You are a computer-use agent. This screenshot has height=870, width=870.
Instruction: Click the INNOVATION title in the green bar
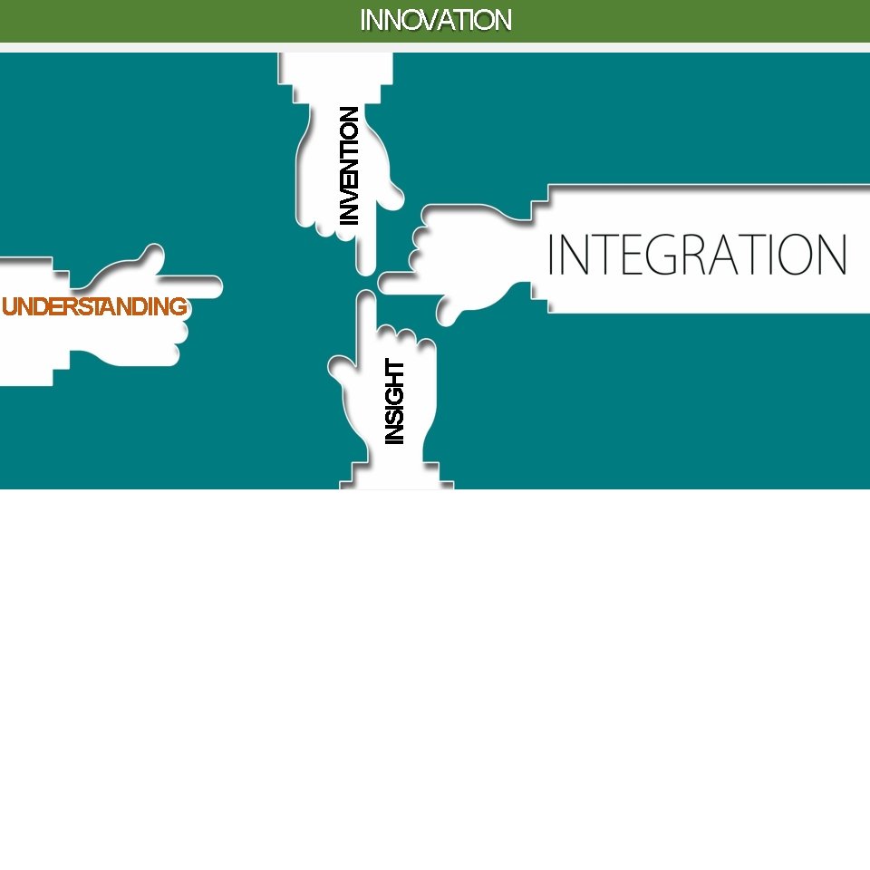point(436,20)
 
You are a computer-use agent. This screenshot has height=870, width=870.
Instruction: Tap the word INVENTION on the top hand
point(349,166)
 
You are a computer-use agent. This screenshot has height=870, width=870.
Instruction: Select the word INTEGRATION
point(697,255)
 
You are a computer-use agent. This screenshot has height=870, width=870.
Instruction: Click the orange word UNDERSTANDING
point(94,307)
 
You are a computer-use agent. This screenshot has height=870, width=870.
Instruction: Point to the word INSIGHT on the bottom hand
point(394,401)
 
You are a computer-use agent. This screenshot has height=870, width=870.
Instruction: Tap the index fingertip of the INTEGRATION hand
point(385,283)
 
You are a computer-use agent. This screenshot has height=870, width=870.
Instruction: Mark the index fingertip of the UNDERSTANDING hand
point(214,286)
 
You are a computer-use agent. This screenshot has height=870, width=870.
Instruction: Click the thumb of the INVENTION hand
point(394,191)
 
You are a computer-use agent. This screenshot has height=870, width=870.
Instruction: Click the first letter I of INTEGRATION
point(552,255)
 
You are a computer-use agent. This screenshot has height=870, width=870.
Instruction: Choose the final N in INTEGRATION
point(832,255)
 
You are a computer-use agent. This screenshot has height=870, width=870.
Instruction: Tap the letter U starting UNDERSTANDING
point(12,307)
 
